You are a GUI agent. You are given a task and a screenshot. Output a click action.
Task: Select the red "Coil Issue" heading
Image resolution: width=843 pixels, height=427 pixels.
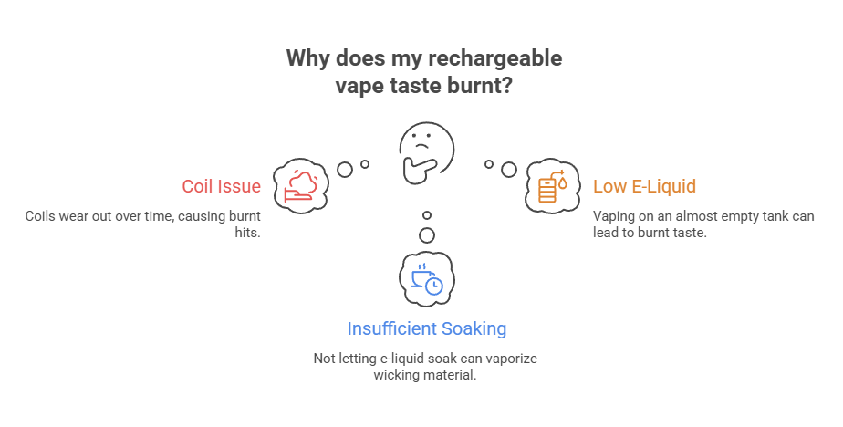click(x=221, y=187)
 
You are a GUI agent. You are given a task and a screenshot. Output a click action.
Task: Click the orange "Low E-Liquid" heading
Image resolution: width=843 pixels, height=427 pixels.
click(x=644, y=187)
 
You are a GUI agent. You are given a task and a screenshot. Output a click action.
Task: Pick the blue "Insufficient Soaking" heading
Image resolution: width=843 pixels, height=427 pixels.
click(x=427, y=328)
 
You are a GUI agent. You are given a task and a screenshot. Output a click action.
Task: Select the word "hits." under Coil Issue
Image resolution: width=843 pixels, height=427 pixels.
click(x=248, y=233)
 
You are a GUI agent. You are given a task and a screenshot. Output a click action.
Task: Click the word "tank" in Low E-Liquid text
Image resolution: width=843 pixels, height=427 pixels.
click(x=771, y=217)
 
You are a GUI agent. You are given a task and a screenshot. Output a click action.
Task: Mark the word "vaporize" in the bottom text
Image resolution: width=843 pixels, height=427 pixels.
click(x=508, y=359)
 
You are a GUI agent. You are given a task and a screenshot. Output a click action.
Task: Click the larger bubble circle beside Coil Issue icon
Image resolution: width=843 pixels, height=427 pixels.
click(x=345, y=169)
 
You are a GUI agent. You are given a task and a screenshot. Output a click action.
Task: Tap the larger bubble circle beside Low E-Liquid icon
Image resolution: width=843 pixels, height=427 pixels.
click(x=509, y=169)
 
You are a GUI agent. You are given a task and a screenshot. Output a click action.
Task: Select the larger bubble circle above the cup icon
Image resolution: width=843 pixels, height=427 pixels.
click(x=427, y=235)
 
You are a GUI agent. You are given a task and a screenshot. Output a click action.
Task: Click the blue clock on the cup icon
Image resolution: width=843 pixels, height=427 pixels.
click(x=434, y=286)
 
